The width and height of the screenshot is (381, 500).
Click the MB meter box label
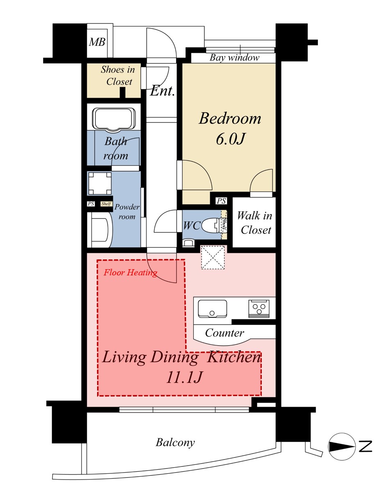point(97,42)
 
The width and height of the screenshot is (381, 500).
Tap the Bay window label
point(234,58)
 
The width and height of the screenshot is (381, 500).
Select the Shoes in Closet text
point(118,75)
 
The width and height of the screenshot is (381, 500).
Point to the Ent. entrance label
point(162,91)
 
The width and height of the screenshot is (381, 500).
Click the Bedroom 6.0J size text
point(230,139)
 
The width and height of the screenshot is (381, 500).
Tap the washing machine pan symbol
point(100,183)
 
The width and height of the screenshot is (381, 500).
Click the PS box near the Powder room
point(91,204)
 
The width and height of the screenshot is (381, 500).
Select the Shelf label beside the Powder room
point(106,204)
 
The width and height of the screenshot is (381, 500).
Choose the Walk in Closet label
point(255,223)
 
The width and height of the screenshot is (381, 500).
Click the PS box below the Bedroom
point(221,201)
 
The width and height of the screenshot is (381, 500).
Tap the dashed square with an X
point(213,257)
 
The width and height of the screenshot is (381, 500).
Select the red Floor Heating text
point(130,273)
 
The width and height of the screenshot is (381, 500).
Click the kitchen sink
point(212,309)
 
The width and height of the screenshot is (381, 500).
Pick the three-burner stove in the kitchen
point(259,309)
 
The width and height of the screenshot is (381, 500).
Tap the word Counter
point(225,333)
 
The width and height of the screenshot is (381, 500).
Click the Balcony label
point(175,442)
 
